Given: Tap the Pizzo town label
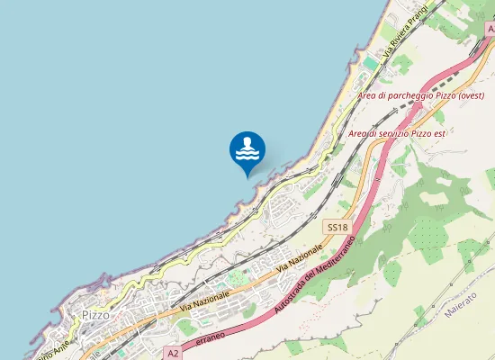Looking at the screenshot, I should (x=95, y=315).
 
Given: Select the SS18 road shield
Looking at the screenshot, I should (x=337, y=229).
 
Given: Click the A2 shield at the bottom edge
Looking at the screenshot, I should (x=173, y=354).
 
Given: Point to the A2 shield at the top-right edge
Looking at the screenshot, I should (x=490, y=29).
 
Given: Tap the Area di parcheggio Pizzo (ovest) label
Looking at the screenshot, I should (x=421, y=95).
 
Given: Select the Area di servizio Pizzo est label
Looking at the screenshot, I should (x=397, y=133).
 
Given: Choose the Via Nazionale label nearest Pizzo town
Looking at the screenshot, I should (x=204, y=301).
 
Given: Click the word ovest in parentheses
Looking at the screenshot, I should (x=470, y=95).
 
